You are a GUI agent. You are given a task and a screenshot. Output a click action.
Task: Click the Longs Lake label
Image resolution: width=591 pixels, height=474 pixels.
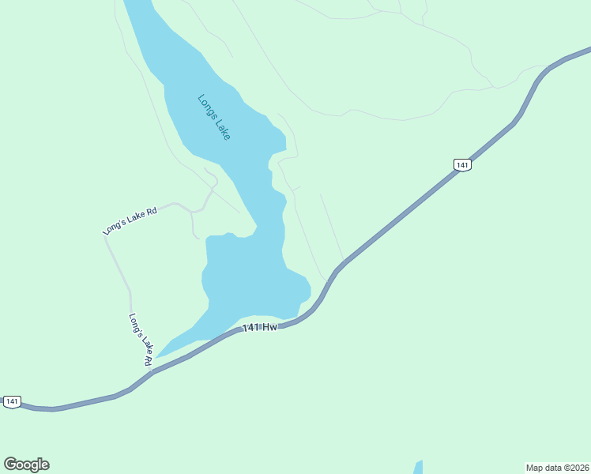(x=214, y=118)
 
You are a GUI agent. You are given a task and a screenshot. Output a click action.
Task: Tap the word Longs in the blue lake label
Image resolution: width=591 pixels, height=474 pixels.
(x=207, y=107)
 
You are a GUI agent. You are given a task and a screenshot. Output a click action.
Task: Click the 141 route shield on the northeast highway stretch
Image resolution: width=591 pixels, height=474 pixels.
(x=462, y=165)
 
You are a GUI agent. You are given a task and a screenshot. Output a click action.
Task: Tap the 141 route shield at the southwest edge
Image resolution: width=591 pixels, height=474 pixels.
(x=11, y=401)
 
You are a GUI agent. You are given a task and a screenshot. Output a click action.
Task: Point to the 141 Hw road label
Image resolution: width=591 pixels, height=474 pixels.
(x=260, y=327)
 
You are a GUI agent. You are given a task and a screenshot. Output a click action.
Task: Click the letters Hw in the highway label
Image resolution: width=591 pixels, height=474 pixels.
(x=270, y=326)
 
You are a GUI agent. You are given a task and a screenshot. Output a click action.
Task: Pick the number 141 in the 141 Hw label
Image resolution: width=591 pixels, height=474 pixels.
(x=251, y=328)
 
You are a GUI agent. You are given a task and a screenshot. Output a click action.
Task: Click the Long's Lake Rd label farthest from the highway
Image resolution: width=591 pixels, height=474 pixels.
(x=130, y=220)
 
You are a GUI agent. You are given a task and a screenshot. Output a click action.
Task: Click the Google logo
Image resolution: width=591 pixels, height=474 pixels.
(x=26, y=465)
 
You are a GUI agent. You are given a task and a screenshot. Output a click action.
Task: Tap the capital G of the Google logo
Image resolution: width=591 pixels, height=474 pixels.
(x=10, y=464)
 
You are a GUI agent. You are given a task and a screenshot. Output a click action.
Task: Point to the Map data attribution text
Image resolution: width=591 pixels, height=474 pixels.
(x=558, y=468)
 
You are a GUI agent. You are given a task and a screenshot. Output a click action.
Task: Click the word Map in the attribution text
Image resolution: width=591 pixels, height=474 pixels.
(x=534, y=468)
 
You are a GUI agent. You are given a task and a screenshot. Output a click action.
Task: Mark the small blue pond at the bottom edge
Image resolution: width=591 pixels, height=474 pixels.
(x=419, y=467)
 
